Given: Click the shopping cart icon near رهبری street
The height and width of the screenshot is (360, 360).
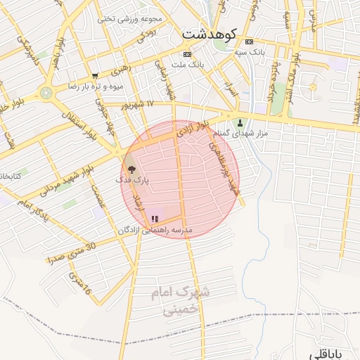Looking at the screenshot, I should (x=95, y=75).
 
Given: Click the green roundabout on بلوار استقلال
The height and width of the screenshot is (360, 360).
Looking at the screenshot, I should (x=46, y=92).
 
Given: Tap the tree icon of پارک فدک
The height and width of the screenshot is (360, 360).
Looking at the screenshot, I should (x=130, y=169).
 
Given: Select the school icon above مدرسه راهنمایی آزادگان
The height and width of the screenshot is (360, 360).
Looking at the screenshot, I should (x=155, y=219).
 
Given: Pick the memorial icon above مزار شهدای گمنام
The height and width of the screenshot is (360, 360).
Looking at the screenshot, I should (x=239, y=122).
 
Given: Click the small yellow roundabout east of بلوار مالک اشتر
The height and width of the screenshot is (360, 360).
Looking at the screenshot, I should (x=312, y=87).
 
